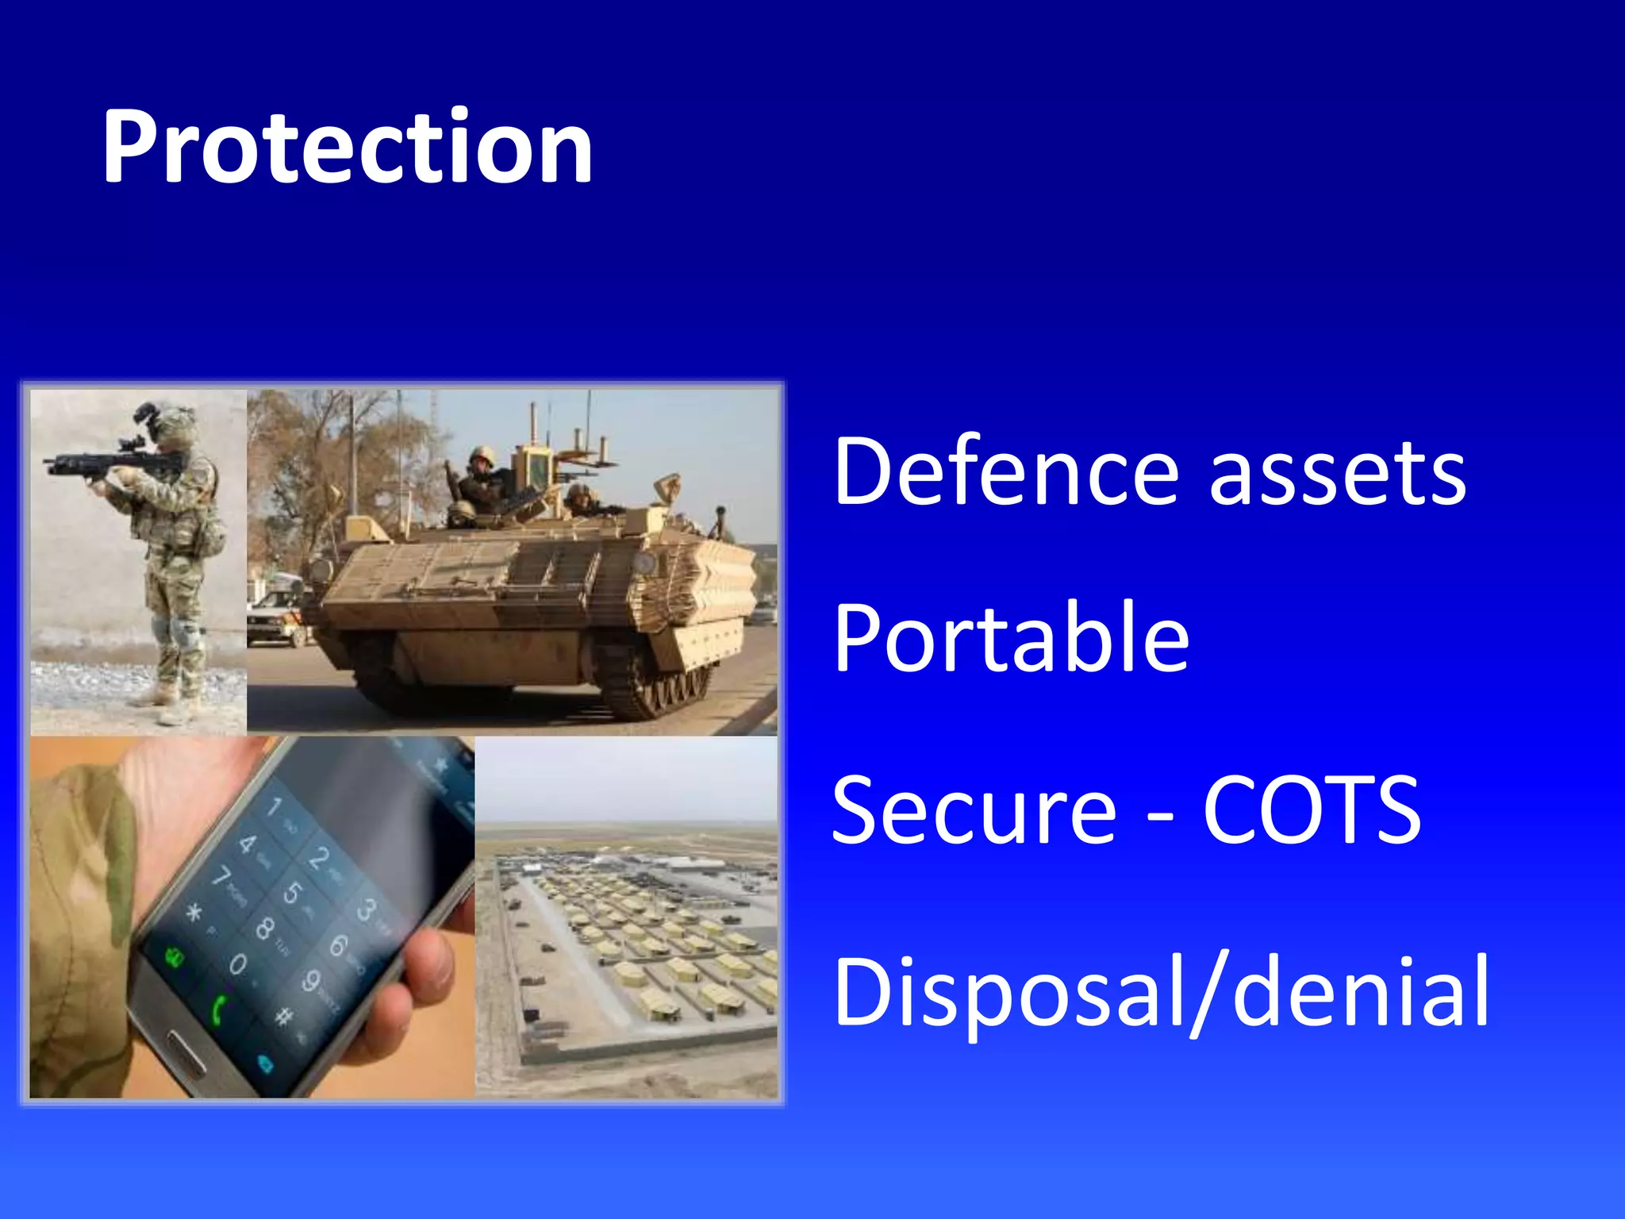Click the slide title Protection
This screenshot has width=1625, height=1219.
click(x=348, y=147)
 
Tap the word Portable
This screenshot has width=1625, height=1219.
click(x=1011, y=638)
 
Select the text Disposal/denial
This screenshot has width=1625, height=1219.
click(x=1161, y=992)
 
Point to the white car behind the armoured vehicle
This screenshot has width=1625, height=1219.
click(x=274, y=615)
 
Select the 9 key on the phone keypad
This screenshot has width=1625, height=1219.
click(x=311, y=981)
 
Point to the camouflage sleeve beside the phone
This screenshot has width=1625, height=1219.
click(x=79, y=913)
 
